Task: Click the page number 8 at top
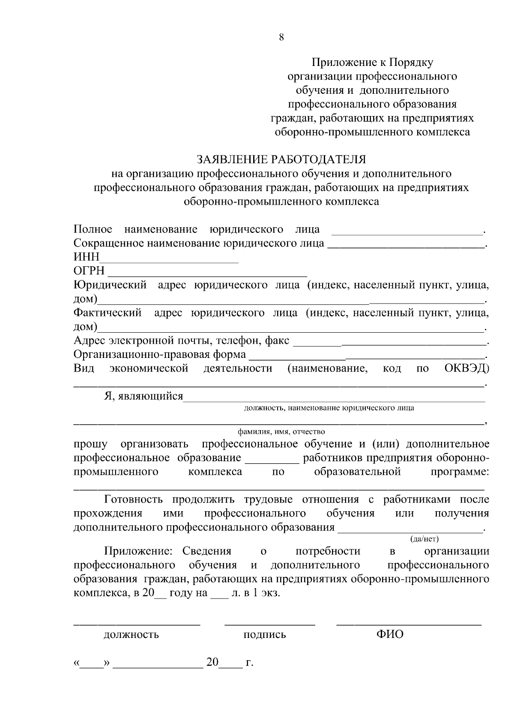[281, 37]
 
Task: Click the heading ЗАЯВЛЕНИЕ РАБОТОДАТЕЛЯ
[281, 160]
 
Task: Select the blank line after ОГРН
[207, 274]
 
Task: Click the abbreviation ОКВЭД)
[466, 369]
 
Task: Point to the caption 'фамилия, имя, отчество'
[281, 432]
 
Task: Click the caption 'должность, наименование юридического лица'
[329, 408]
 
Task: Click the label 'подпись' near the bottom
[265, 635]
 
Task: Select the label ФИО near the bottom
[390, 634]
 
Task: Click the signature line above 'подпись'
[270, 625]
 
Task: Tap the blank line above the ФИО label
[409, 625]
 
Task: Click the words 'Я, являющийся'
[143, 396]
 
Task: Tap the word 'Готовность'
[134, 500]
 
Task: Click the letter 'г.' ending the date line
[249, 663]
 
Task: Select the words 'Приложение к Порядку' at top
[372, 63]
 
